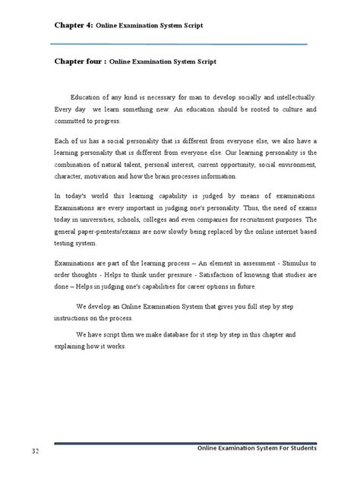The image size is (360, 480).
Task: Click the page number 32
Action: point(35,452)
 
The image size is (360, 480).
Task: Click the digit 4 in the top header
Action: point(89,26)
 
